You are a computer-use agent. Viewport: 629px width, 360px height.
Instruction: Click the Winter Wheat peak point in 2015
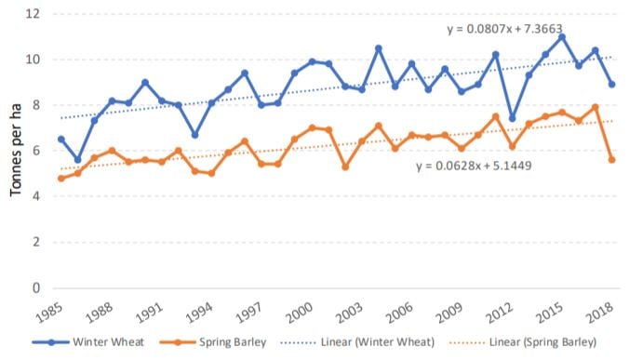tap(562, 37)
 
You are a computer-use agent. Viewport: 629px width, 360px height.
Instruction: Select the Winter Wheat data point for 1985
tap(61, 140)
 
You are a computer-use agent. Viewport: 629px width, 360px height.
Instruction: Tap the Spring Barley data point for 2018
tap(611, 160)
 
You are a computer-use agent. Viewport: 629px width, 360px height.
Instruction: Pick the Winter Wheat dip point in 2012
tap(512, 118)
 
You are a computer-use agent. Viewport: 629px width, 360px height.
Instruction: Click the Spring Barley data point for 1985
tap(61, 178)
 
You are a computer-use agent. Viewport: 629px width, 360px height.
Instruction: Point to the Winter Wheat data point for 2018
tap(611, 85)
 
